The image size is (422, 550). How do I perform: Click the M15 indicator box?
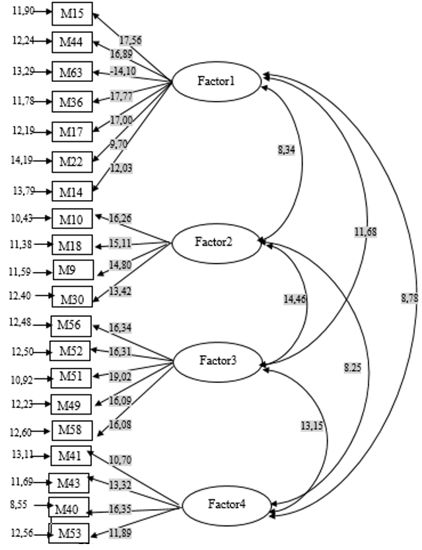click(x=72, y=13)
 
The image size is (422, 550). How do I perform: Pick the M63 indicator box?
click(x=72, y=71)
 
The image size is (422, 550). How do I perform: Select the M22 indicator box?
click(x=72, y=160)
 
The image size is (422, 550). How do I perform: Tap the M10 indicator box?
click(x=72, y=217)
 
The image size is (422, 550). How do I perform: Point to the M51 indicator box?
click(x=70, y=376)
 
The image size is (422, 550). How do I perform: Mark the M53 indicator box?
click(x=69, y=533)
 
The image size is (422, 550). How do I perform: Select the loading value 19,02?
click(x=121, y=378)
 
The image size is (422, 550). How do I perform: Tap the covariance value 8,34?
click(x=285, y=151)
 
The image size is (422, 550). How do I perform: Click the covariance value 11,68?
click(x=365, y=232)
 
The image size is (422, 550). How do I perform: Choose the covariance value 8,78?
click(x=409, y=298)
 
